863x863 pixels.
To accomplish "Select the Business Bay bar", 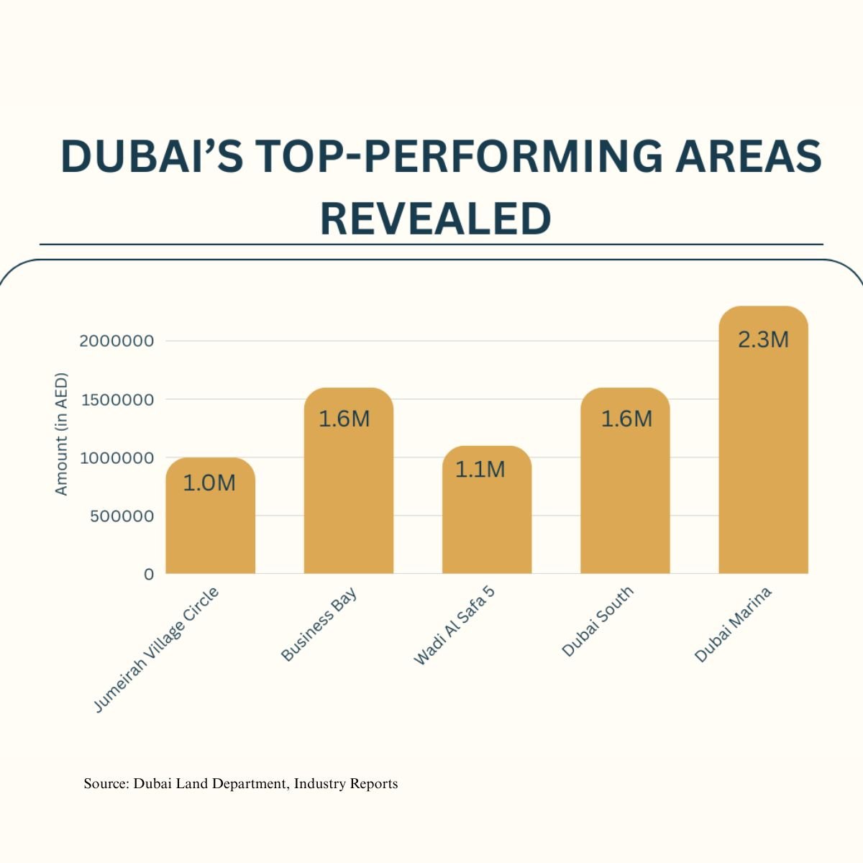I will [x=348, y=496].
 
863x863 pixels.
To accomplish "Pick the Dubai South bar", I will [x=625, y=496].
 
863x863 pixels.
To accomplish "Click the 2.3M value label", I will [x=763, y=339].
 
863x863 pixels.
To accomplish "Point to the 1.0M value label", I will [x=209, y=483].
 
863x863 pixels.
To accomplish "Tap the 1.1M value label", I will [x=480, y=470].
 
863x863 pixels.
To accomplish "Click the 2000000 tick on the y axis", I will [x=117, y=341].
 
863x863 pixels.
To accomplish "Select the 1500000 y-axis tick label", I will [x=117, y=400].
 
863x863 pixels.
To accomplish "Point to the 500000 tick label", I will [x=122, y=516].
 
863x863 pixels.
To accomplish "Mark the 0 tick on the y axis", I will [x=149, y=575].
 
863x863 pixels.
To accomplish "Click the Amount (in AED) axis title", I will [x=61, y=434].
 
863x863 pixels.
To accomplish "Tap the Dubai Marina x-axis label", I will [x=734, y=624].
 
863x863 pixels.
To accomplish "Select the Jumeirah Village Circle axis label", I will [x=157, y=650].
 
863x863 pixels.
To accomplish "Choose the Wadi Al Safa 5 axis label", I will [x=455, y=625].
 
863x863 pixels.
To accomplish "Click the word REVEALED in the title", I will [x=435, y=219].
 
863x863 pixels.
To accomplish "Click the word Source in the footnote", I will [x=105, y=784].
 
